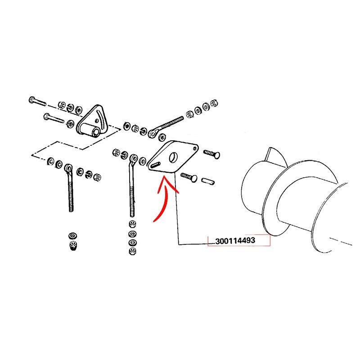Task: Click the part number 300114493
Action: tap(235, 241)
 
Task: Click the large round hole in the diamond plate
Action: tap(173, 157)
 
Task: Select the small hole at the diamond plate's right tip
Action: tap(195, 148)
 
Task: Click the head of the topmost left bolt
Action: tap(32, 100)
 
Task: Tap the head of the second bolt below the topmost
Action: tap(47, 117)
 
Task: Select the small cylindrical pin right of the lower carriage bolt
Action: tap(208, 181)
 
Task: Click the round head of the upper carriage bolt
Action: tap(216, 155)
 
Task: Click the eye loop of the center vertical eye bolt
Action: tap(134, 158)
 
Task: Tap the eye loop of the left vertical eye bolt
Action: tap(68, 168)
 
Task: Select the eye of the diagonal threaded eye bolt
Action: tap(152, 133)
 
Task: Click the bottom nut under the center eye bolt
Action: tap(132, 251)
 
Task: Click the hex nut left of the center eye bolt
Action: tap(116, 152)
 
